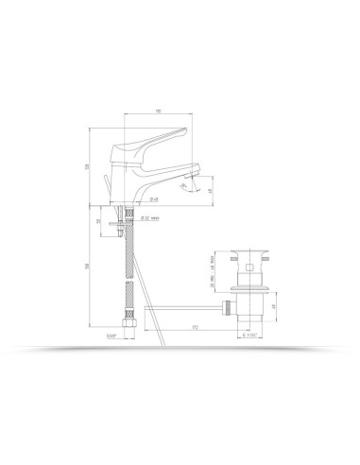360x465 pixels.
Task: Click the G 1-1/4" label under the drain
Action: click(x=249, y=335)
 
